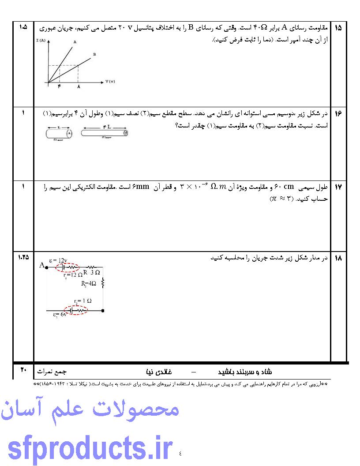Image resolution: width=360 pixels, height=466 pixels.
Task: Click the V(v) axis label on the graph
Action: pos(110,82)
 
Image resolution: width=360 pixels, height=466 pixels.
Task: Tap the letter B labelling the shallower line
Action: pos(94,54)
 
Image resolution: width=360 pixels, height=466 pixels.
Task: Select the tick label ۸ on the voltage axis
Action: pos(78,87)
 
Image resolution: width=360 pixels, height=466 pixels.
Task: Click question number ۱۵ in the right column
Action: pos(338,28)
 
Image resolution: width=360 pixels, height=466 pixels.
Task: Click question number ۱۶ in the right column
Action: pos(338,114)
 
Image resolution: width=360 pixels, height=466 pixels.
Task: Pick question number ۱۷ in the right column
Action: pos(338,188)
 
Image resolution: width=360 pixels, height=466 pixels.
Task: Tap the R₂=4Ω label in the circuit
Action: pos(89,283)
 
